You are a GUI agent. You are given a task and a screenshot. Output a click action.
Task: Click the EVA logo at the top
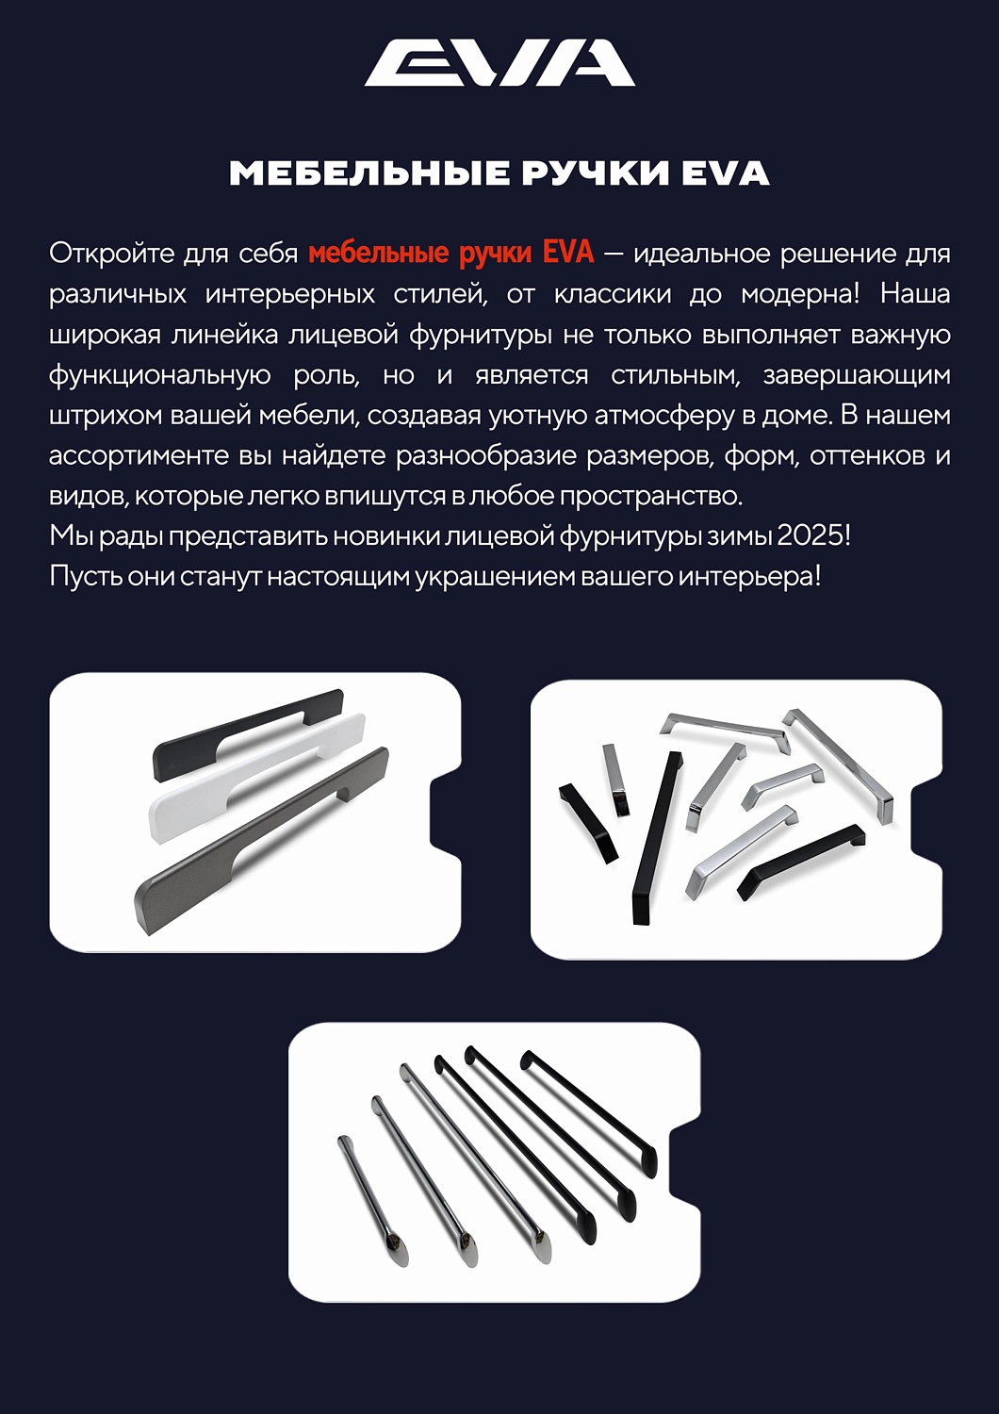point(499,62)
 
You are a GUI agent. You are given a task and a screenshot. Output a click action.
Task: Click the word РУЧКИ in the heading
point(595,173)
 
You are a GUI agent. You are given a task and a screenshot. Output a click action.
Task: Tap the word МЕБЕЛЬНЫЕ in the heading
point(369,173)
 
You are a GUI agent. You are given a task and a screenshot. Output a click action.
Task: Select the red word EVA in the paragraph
point(568,253)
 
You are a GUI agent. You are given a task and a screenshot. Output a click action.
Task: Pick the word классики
point(613,294)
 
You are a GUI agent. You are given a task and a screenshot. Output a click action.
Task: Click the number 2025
point(810,536)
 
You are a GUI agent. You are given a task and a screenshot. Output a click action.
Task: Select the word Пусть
point(85,576)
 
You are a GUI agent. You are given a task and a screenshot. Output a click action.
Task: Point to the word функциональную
point(159,375)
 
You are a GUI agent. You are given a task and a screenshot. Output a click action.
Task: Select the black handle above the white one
point(249,735)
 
